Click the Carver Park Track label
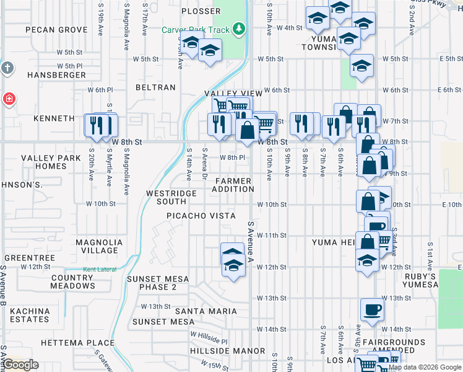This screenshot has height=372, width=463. point(196,30)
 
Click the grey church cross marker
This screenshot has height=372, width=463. point(7,68)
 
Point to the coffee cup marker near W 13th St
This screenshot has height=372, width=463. point(373,309)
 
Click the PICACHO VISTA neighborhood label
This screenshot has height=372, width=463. point(201,216)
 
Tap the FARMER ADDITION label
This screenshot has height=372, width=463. point(233,184)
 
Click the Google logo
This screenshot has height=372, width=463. point(21,365)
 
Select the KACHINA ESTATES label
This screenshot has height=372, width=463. point(30,315)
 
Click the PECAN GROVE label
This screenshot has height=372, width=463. point(55,30)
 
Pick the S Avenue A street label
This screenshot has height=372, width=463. point(250,242)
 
